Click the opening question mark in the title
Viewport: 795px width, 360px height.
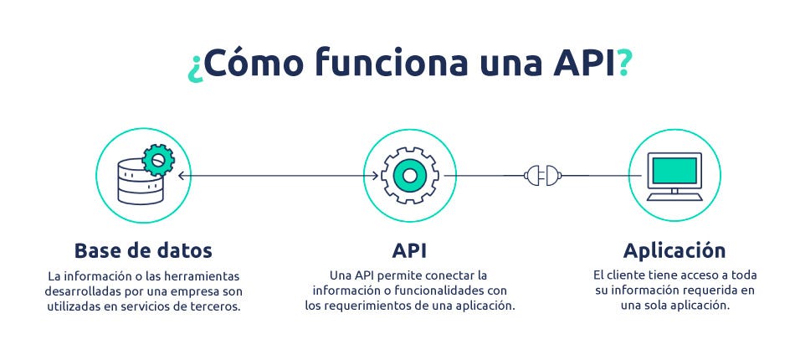click(193, 65)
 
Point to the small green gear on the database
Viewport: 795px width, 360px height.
click(156, 158)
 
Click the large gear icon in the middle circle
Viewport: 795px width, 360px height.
click(409, 176)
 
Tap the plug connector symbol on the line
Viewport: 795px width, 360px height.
click(542, 176)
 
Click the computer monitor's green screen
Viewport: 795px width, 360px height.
click(674, 171)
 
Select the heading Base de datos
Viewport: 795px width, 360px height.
click(143, 250)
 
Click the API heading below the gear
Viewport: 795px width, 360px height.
click(409, 250)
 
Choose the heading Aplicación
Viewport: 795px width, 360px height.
click(674, 250)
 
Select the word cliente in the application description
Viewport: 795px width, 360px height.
click(632, 275)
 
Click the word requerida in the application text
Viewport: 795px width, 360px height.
click(710, 291)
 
